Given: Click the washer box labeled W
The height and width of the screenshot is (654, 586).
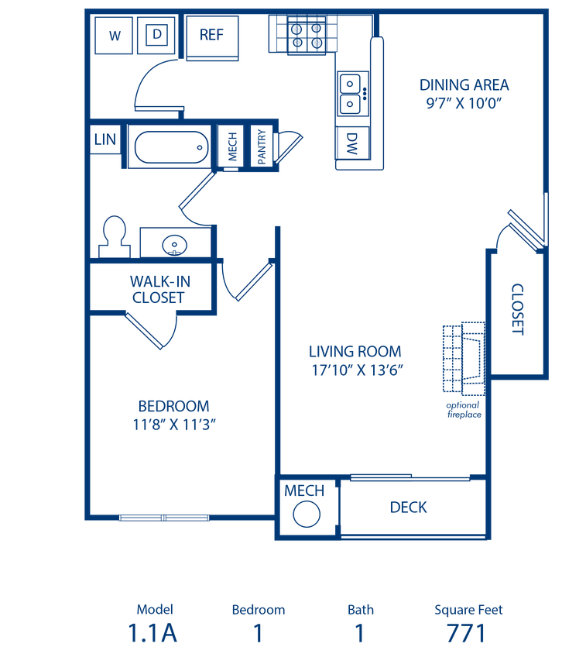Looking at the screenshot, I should coord(115,35).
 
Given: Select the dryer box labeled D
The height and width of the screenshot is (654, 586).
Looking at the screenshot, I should coord(156,35).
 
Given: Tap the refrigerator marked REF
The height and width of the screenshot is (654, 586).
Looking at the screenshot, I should coord(211,35).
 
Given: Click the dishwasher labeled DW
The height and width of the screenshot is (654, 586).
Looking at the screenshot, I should coord(352,142).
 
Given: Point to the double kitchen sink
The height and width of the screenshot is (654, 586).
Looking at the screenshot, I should coord(352,92).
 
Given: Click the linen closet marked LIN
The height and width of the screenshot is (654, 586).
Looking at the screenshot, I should coord(105,139).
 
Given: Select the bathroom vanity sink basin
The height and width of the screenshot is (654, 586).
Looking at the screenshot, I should coord(175,246).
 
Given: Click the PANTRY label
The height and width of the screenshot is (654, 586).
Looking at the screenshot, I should coord(262,146).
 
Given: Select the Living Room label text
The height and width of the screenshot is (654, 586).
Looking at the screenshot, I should coord(355,360).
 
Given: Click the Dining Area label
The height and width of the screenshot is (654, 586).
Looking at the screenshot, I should coord(464,93).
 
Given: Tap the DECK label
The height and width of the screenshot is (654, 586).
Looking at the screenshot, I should coord(409,508).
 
